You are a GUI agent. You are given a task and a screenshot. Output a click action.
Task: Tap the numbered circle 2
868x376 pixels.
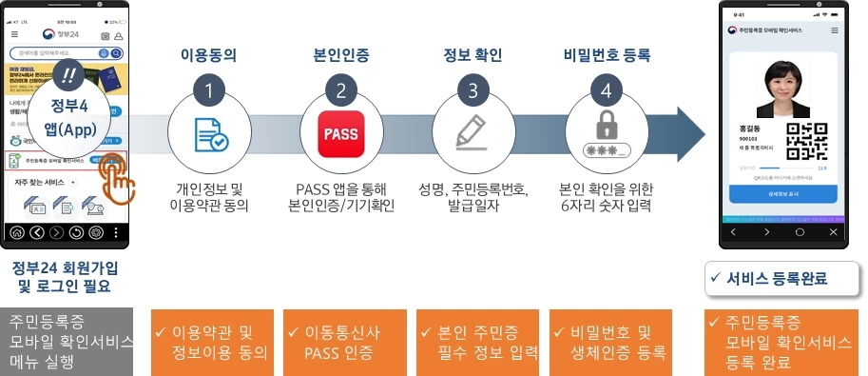340,92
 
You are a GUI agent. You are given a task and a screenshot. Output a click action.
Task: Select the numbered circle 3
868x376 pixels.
473,92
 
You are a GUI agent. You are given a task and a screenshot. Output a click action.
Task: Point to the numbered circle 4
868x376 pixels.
606,92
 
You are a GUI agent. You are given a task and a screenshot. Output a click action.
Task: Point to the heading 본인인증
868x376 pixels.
340,54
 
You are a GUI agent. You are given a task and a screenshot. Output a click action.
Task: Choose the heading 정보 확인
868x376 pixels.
473,54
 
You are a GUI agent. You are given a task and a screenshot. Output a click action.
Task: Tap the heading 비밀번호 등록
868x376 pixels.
606,54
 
